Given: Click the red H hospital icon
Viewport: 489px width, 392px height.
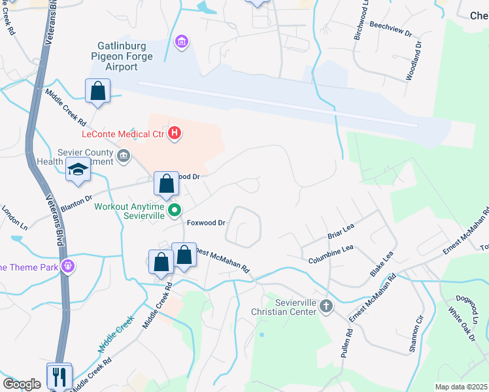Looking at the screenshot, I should pyautogui.click(x=175, y=134).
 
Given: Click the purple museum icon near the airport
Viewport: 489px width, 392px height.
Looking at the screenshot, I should pyautogui.click(x=181, y=42).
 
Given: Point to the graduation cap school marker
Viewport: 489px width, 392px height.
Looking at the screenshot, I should pyautogui.click(x=78, y=170).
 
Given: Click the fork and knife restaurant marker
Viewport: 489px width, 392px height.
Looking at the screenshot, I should pyautogui.click(x=59, y=376).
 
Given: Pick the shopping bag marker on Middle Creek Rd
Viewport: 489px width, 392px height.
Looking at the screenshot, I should pyautogui.click(x=97, y=91).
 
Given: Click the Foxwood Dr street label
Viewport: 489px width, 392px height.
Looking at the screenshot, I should pyautogui.click(x=206, y=223).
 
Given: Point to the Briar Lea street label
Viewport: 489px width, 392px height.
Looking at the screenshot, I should pyautogui.click(x=340, y=230).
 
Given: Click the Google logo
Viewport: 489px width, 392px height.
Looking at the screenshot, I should pyautogui.click(x=22, y=384).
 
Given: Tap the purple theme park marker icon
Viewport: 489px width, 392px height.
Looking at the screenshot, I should pyautogui.click(x=67, y=266).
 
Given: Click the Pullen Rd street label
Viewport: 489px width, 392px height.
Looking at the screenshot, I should pyautogui.click(x=346, y=341).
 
